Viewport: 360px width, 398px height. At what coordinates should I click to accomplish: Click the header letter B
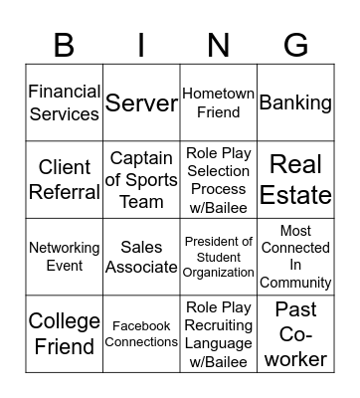point(65,45)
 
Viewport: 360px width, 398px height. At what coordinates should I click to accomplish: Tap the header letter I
point(141,45)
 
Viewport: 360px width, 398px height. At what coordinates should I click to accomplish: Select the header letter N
point(219,45)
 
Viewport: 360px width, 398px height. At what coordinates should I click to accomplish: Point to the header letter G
point(295,45)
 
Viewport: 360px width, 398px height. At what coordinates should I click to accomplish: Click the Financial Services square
point(65,102)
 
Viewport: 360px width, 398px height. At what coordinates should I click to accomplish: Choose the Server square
point(141,102)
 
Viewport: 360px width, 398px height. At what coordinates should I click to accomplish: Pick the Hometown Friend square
point(219,102)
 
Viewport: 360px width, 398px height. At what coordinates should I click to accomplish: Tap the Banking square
point(295,102)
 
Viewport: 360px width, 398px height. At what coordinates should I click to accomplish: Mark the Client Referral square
point(65,180)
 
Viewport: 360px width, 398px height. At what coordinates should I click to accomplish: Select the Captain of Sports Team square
point(141,180)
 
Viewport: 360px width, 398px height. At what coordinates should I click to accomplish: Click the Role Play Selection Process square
point(219,180)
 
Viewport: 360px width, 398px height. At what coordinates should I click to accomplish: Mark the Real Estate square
point(295,180)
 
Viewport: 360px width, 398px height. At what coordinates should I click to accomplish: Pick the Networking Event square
point(65,257)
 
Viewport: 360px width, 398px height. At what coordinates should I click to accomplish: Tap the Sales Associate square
point(141,257)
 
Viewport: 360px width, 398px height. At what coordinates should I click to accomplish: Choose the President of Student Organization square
point(219,257)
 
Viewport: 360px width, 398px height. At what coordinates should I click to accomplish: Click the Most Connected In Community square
point(295,257)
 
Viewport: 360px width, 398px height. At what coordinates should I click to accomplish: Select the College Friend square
point(65,333)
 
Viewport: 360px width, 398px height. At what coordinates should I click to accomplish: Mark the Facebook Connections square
point(141,333)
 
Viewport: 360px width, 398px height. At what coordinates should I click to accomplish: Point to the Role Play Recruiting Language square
point(219,333)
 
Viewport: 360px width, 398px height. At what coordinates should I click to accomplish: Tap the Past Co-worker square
point(295,333)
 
